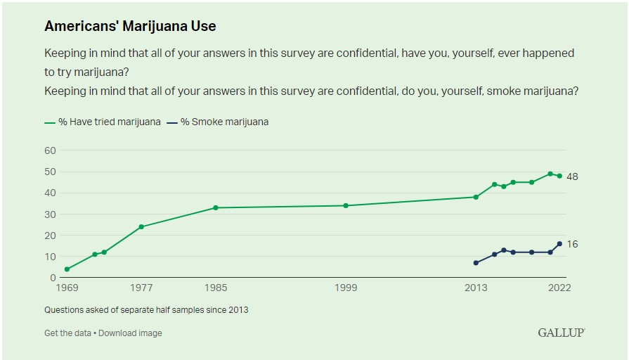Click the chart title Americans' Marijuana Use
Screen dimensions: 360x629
(x=130, y=26)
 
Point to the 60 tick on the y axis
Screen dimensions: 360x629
(x=50, y=150)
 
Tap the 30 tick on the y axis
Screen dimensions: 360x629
(x=50, y=214)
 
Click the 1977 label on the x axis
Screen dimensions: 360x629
(x=141, y=288)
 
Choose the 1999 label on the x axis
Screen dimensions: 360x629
(x=346, y=288)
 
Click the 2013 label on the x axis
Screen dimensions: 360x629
(x=476, y=288)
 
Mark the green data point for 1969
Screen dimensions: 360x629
(x=67, y=269)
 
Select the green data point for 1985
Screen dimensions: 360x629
(x=216, y=207)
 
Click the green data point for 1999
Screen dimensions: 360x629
(x=346, y=205)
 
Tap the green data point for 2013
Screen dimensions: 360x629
(x=476, y=197)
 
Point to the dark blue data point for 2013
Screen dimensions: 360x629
(x=476, y=263)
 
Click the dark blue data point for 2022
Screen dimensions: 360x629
(x=559, y=244)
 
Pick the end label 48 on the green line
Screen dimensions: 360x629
(x=572, y=176)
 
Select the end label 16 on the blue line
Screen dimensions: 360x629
(x=572, y=244)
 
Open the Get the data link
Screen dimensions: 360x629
(x=67, y=333)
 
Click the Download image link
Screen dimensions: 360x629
(x=130, y=333)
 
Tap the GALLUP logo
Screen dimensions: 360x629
(x=562, y=332)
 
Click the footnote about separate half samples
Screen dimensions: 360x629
(x=146, y=309)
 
